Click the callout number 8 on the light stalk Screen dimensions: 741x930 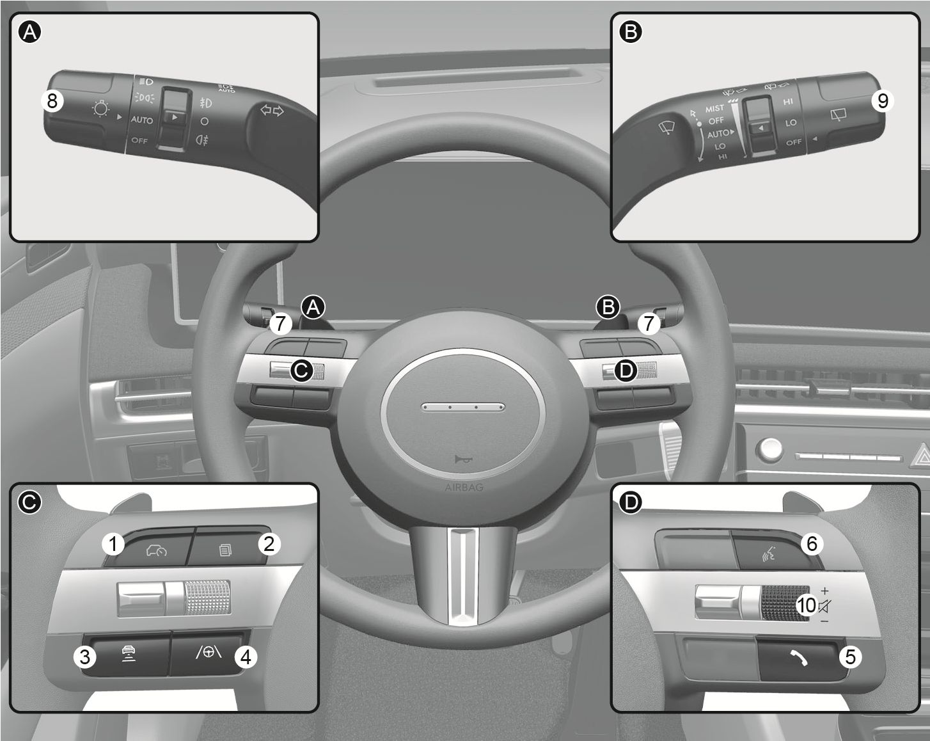click(x=52, y=100)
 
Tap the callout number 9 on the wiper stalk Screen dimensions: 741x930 click(x=882, y=100)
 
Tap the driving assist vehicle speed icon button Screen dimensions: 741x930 click(x=155, y=550)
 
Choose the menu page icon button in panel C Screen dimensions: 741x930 click(x=225, y=549)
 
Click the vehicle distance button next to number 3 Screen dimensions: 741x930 click(x=129, y=654)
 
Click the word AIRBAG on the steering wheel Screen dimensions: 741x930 click(x=464, y=487)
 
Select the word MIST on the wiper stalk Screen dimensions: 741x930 click(x=714, y=109)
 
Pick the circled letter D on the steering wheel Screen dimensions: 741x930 click(x=626, y=370)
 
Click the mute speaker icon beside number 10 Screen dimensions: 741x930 click(x=824, y=605)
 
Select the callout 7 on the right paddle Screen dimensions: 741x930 click(x=649, y=323)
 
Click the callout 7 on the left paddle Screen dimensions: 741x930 click(x=280, y=323)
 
